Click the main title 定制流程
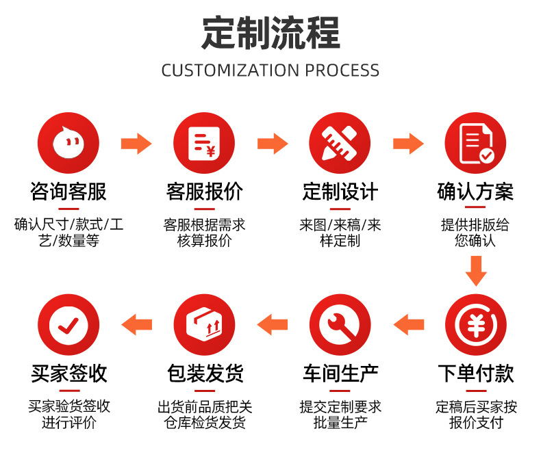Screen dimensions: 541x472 pos(271,33)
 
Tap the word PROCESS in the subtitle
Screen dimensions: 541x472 pos(342,70)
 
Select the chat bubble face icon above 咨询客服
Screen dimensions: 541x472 pos(68,143)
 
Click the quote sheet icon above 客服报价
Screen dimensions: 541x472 pos(204,143)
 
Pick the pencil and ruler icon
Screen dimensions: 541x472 pos(340,143)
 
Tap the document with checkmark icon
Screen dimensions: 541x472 pos(475,143)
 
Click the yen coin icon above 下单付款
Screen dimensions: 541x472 pos(476,324)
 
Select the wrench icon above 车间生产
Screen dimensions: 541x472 pos(340,324)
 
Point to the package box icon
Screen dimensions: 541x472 pos(204,324)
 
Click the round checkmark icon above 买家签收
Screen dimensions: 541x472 pos(68,324)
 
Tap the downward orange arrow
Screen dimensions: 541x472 pos(476,271)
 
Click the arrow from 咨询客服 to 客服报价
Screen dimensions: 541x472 pos(136,144)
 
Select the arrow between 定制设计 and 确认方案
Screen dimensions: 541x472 pos(409,144)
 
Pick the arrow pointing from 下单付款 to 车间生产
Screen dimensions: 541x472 pos(409,324)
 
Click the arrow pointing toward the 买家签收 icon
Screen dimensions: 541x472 pos(137,324)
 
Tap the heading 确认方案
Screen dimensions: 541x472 pos(475,192)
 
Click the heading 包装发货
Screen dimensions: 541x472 pos(205,373)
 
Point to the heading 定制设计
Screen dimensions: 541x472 pos(340,192)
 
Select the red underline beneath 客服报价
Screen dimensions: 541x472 pos(204,209)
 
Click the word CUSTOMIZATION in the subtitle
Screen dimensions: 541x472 pos(231,70)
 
